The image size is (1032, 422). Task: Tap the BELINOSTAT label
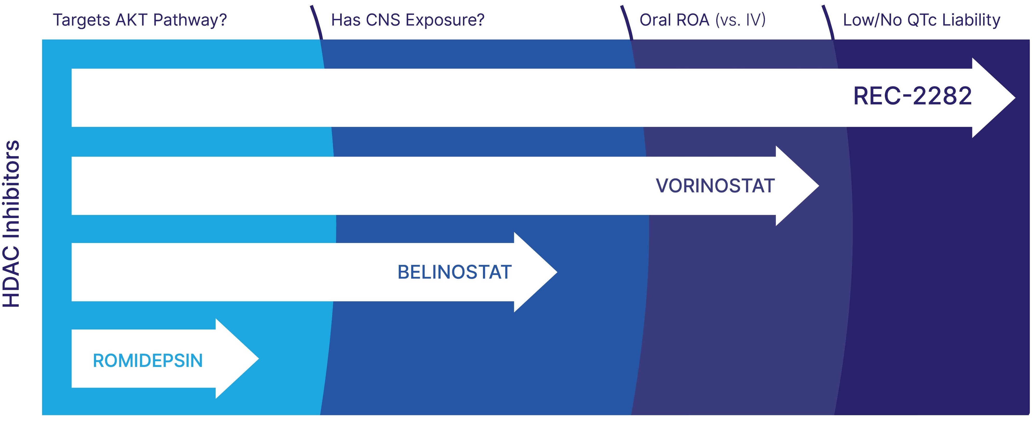[x=454, y=272]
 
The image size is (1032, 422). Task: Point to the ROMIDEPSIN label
[x=148, y=361]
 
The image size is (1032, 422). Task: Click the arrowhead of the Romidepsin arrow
[x=237, y=359]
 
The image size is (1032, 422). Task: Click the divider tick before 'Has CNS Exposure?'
[x=317, y=22]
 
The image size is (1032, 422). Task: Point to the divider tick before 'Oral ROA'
[x=627, y=22]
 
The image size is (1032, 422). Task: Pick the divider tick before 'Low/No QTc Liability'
[x=828, y=22]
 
